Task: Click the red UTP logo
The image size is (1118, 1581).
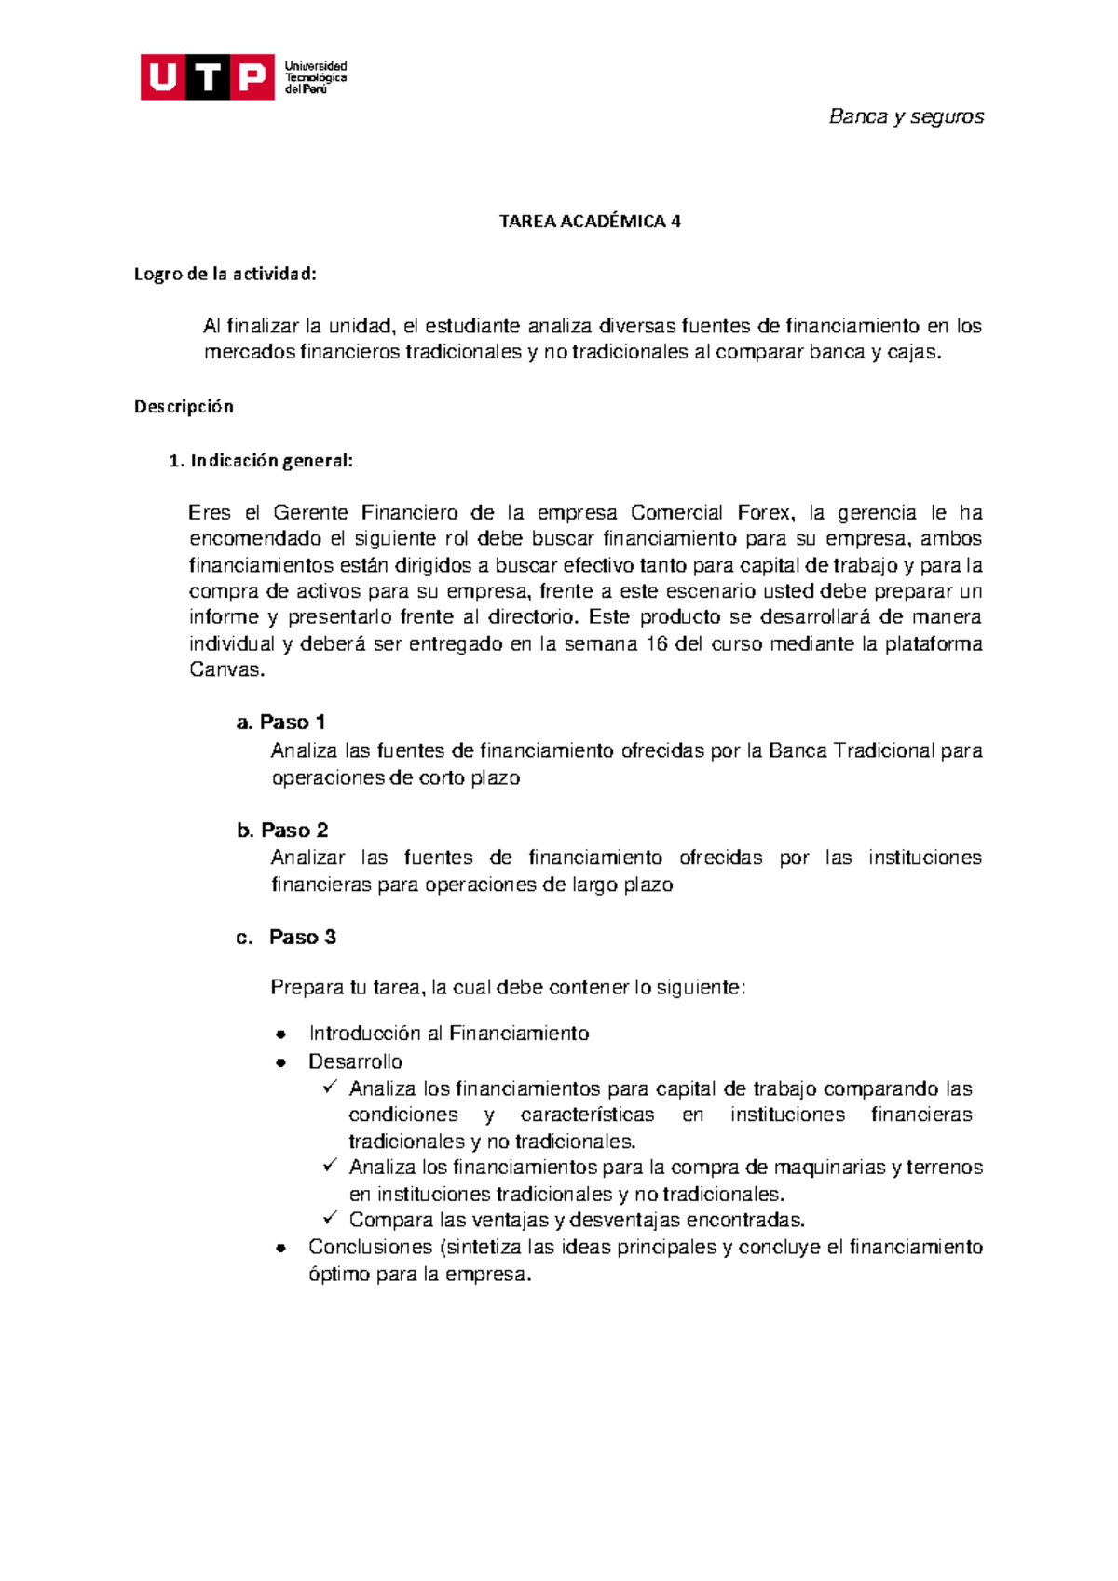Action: click(207, 77)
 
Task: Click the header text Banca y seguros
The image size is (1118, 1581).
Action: click(906, 116)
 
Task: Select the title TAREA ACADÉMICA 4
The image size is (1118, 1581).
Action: click(589, 222)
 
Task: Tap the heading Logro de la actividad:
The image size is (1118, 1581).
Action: click(225, 274)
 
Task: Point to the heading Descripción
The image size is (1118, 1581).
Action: click(184, 406)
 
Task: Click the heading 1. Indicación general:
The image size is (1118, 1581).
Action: click(261, 460)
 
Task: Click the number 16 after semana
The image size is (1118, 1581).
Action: click(656, 643)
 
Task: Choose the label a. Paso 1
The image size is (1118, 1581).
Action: click(280, 723)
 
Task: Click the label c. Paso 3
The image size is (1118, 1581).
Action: click(286, 938)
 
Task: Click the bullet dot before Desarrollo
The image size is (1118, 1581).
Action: click(279, 1062)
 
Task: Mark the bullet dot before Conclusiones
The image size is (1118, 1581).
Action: click(279, 1249)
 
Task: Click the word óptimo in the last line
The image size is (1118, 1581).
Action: click(339, 1275)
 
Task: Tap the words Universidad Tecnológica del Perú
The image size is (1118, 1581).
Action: click(316, 77)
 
